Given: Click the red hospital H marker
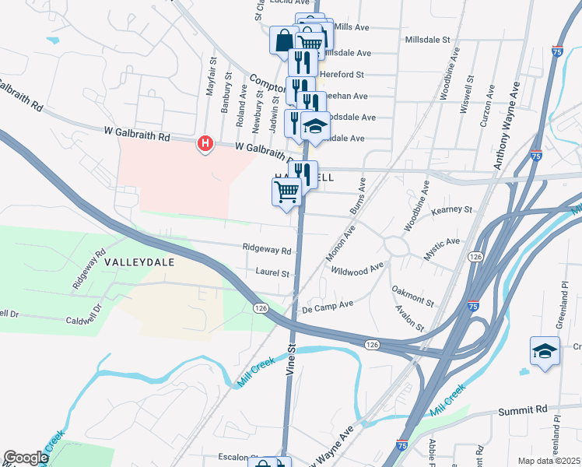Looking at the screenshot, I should [205, 144].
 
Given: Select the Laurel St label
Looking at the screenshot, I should [272, 273].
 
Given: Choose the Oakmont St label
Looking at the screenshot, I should [412, 295].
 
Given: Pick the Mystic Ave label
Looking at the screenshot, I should [442, 249].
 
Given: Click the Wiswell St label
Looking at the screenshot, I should [468, 95].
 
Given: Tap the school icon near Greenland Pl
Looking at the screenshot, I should [545, 351].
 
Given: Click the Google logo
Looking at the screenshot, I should [26, 458].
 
